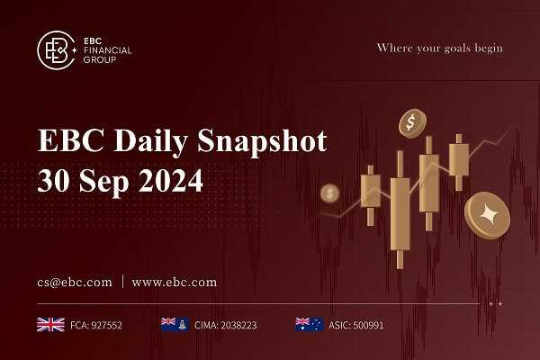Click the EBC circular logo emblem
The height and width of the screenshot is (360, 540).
pos(56,50)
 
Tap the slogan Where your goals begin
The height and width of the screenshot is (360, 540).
pos(439,47)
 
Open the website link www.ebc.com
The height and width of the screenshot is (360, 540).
pos(175,282)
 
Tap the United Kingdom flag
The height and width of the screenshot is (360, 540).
pos(49,324)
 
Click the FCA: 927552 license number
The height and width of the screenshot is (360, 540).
pos(96,324)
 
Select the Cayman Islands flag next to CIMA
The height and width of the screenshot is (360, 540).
pos(173,324)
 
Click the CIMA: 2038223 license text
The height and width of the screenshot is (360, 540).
pos(226,324)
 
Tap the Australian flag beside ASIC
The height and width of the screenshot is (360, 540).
pos(309,324)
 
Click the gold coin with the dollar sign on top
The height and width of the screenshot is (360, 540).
pos(411,121)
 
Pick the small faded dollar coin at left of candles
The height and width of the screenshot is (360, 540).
pos(330,193)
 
